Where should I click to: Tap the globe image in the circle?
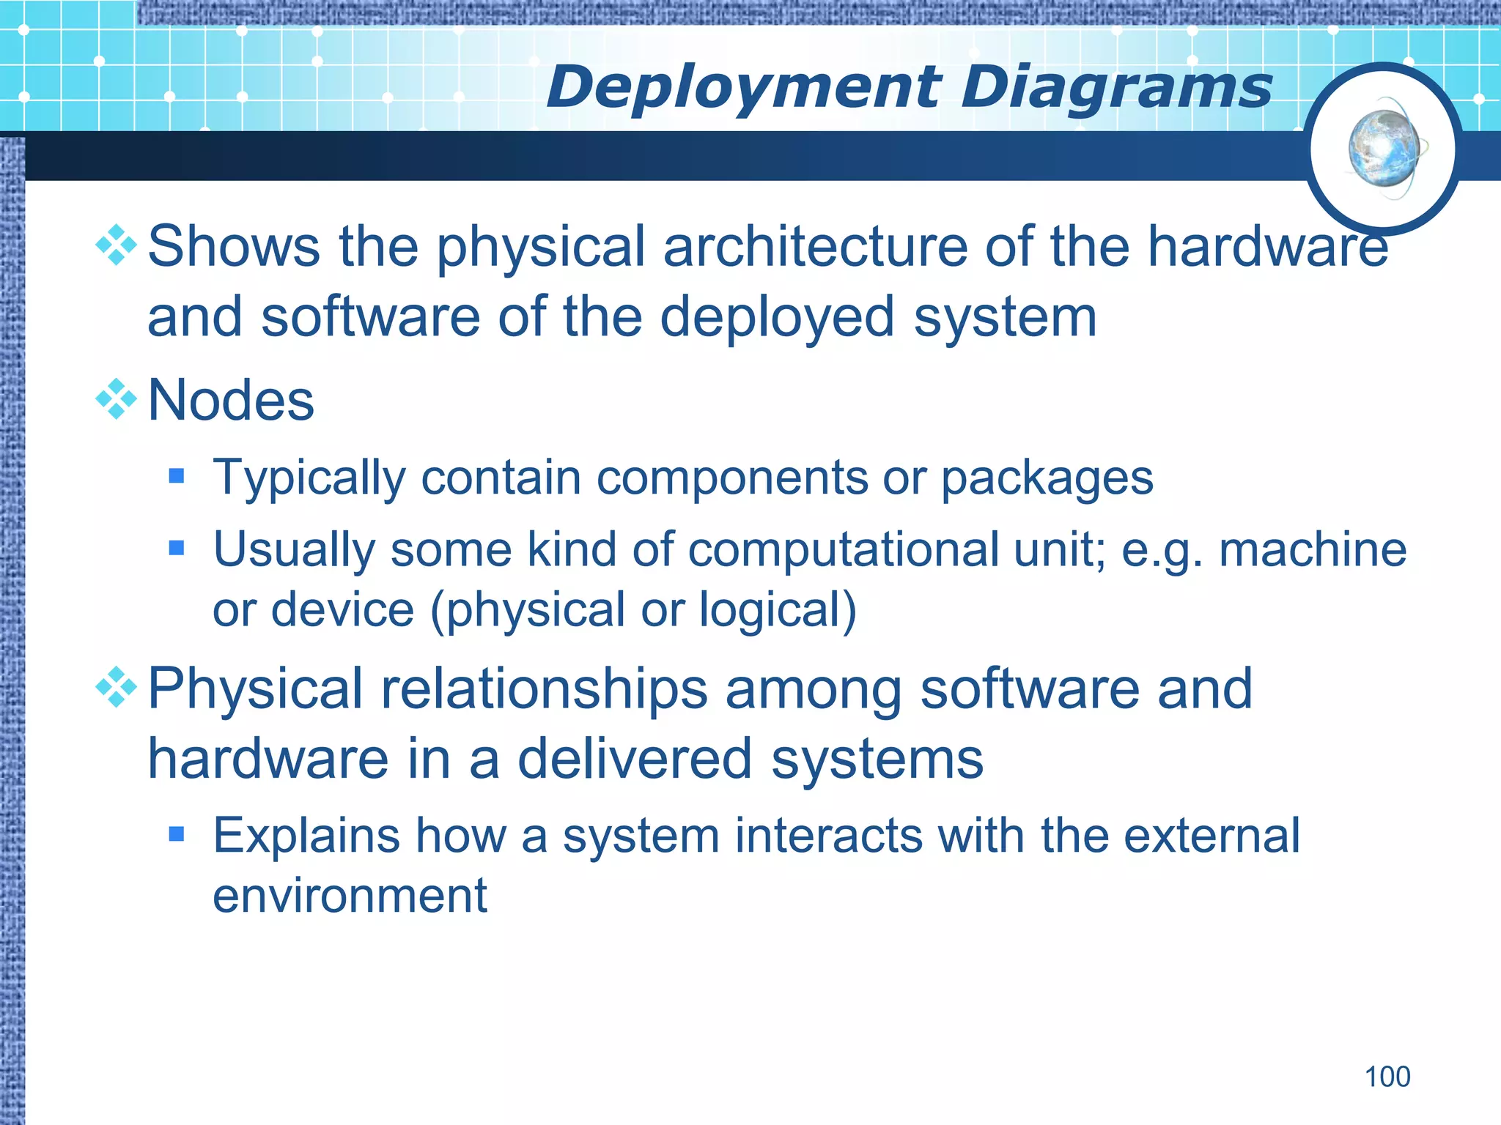pos(1384,149)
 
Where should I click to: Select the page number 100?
pos(1387,1077)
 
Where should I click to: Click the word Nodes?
pos(231,401)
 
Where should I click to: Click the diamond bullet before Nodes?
pos(117,399)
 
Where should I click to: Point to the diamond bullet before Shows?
pos(117,245)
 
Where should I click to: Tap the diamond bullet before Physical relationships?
pos(117,687)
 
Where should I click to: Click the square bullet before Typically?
pos(177,477)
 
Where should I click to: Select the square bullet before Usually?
pos(177,548)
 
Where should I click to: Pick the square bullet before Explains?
pos(177,833)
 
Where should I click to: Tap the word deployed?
pos(777,319)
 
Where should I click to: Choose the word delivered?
pos(635,760)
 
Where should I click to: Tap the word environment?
pos(350,896)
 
